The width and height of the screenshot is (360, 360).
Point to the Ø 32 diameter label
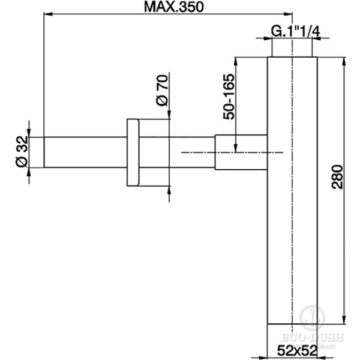[x=22, y=152]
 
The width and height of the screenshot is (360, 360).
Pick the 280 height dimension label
[x=337, y=178]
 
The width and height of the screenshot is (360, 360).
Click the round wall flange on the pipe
[x=133, y=154]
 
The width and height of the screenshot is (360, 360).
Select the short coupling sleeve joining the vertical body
[x=241, y=153]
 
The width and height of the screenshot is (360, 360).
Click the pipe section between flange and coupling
[x=177, y=153]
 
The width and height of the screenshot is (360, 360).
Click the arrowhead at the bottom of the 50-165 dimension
[x=237, y=148]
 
